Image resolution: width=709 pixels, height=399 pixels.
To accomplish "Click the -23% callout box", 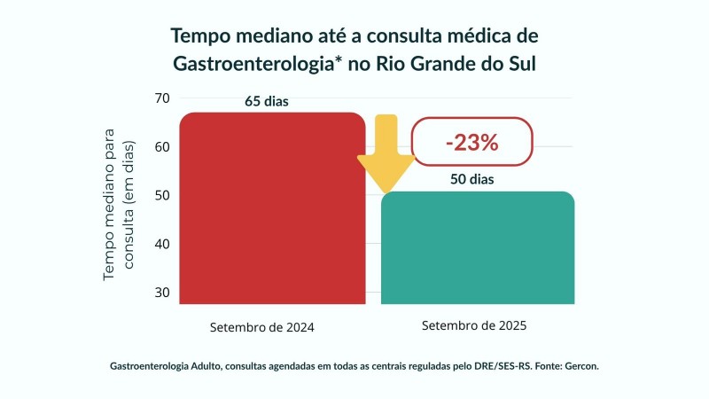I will (x=472, y=142).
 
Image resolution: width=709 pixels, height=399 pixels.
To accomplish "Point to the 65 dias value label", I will (x=267, y=101).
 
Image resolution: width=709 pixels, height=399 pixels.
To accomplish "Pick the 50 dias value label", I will (x=471, y=179).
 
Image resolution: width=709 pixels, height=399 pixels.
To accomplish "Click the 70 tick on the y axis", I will (x=161, y=98).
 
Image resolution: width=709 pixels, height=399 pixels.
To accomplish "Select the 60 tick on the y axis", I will (x=161, y=146).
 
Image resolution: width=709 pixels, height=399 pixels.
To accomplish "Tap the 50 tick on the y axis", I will (x=161, y=195).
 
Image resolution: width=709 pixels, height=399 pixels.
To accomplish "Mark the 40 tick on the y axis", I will (x=161, y=244).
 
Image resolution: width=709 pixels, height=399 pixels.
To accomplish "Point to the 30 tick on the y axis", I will (x=161, y=293).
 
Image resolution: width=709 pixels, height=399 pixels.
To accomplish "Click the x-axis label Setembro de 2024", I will (x=262, y=327).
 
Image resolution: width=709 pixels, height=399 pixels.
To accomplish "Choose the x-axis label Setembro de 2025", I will (x=475, y=325).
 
